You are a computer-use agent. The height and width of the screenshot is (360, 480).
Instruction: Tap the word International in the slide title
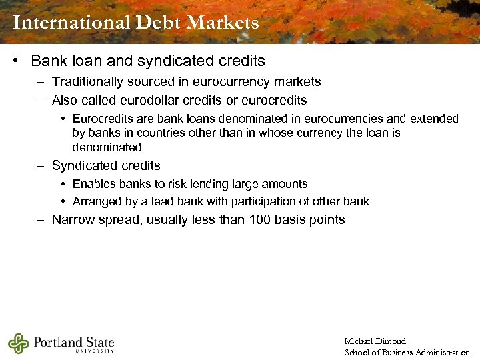tap(71, 23)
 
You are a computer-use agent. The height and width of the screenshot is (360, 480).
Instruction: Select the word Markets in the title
tap(223, 23)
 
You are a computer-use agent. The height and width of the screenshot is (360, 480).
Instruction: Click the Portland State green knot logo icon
tap(18, 343)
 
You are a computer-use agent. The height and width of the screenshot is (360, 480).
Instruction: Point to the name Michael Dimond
tap(375, 341)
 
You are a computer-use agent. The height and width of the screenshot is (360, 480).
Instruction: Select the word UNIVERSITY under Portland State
tap(95, 351)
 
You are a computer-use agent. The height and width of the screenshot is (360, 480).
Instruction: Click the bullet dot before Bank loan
tap(15, 61)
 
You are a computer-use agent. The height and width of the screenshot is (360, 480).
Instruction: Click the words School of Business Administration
tap(407, 352)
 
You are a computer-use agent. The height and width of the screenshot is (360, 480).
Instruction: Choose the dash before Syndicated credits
tap(40, 166)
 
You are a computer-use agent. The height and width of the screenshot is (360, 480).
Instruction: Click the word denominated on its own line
tap(107, 147)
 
